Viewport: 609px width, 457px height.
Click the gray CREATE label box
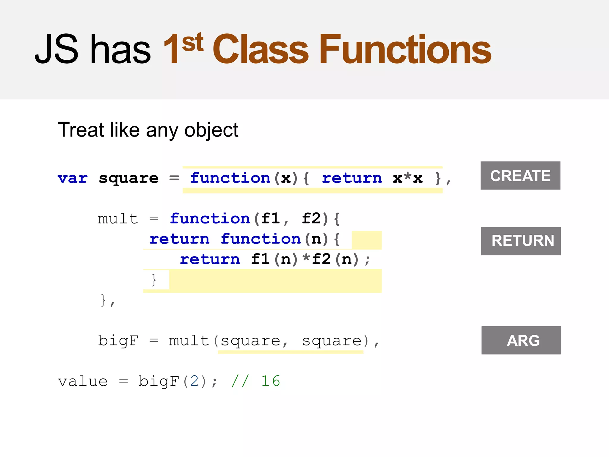(x=520, y=176)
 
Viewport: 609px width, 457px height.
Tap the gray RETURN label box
(x=521, y=241)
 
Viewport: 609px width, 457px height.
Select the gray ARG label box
(x=521, y=340)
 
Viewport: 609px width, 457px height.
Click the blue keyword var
(x=73, y=178)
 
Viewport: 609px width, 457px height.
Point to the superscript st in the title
(x=193, y=42)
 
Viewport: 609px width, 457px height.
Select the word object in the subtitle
(x=211, y=130)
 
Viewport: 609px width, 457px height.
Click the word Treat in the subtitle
(x=81, y=130)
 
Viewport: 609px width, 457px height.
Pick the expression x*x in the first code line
(x=407, y=178)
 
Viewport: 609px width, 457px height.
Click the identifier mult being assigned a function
(x=118, y=219)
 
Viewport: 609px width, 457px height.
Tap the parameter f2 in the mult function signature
(x=311, y=219)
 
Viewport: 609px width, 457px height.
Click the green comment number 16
(x=271, y=381)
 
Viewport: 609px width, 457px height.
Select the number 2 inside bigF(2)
(x=194, y=381)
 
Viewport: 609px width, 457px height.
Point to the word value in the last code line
(x=83, y=381)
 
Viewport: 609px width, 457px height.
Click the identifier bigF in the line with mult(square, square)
(x=118, y=341)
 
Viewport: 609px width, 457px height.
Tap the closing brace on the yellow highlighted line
(x=154, y=280)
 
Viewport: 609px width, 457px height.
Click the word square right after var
(x=128, y=178)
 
